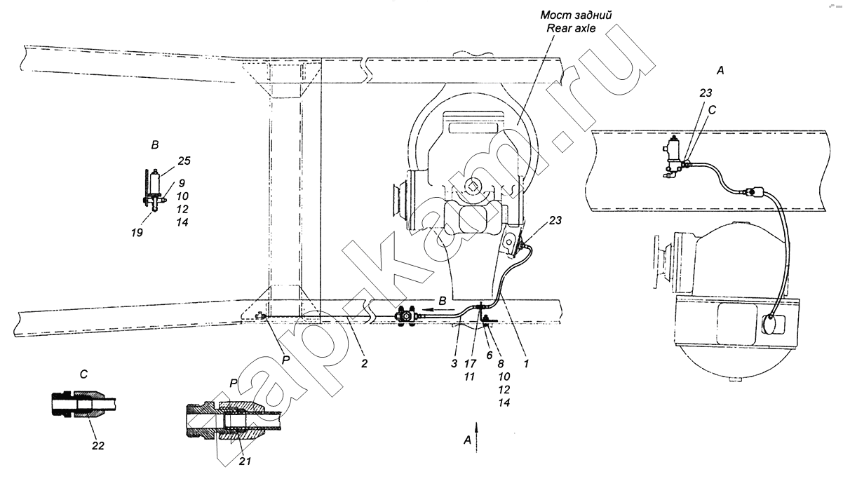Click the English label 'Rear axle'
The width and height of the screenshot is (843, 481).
pos(571,29)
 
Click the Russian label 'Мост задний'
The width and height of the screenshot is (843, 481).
pos(576,15)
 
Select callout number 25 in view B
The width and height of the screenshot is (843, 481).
pos(184,161)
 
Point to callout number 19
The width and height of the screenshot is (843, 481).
pos(137,233)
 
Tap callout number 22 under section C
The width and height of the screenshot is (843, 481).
pos(98,446)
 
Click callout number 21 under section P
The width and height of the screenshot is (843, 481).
pos(245,461)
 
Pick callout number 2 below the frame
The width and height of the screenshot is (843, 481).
pos(364,364)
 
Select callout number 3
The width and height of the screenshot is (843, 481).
pos(454,364)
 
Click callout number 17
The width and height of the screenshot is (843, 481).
pos(471,364)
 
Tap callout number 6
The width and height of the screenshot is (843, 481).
pos(490,355)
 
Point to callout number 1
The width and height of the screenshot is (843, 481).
pos(526,364)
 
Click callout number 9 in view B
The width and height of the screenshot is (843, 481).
pos(182,183)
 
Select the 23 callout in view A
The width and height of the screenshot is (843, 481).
pos(706,93)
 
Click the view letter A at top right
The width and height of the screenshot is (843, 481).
pos(720,70)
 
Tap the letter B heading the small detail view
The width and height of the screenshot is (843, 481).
pos(155,145)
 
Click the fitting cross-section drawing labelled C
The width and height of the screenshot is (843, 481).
pos(83,404)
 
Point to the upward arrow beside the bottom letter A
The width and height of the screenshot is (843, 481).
pos(476,437)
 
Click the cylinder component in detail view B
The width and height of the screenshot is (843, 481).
pos(155,182)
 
